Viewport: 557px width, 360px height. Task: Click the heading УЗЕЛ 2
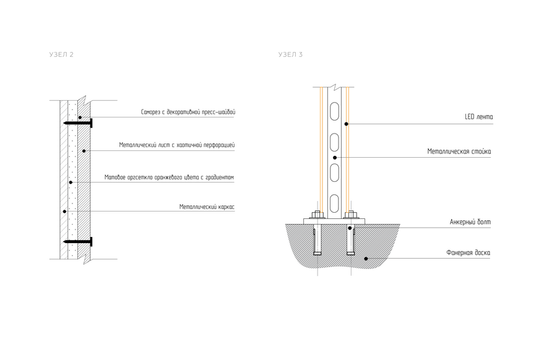tap(61, 55)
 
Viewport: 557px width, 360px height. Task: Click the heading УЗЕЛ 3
tap(290, 55)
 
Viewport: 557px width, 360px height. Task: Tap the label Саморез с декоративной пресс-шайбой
tap(188, 113)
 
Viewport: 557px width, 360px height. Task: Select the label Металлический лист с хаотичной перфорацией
tap(177, 145)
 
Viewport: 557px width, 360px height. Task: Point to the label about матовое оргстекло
tap(169, 178)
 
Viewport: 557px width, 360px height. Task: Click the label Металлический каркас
tap(207, 207)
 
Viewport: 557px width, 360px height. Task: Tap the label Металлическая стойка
tap(460, 151)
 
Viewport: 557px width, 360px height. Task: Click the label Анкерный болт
tap(470, 221)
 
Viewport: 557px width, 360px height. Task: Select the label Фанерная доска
tap(468, 252)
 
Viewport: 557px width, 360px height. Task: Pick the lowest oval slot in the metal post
tap(334, 202)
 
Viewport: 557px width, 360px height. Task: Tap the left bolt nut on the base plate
tap(317, 216)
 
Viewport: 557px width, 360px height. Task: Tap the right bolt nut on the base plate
tap(352, 216)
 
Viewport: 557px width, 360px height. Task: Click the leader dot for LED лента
tap(347, 124)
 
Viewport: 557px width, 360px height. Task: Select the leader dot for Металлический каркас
tap(64, 212)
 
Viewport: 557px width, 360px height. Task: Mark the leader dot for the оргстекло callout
tap(71, 182)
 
